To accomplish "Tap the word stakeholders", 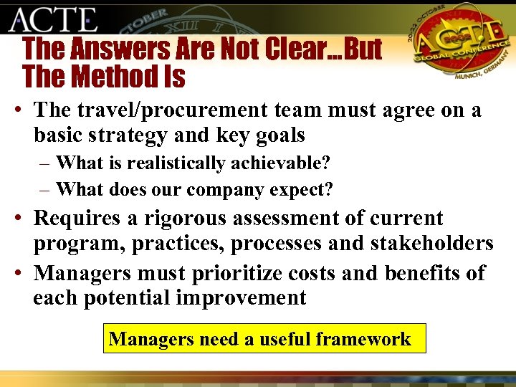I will point(431,244).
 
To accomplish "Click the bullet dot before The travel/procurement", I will point(15,111).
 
